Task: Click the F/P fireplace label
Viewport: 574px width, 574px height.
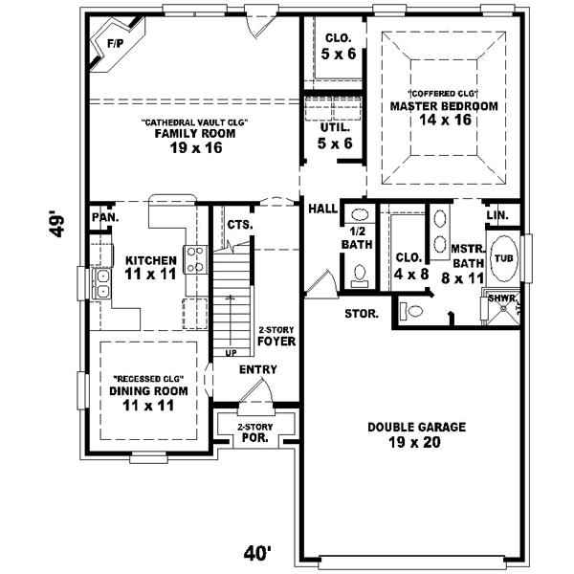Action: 116,44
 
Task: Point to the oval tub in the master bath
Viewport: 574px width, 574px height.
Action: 503,258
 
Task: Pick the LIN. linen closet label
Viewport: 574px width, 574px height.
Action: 497,217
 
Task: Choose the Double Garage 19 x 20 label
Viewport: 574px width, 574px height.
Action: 416,434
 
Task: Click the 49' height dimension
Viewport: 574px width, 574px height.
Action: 59,226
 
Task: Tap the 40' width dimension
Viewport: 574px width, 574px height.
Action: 257,552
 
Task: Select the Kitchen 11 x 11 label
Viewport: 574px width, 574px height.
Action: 150,267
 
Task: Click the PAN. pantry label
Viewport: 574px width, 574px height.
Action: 104,217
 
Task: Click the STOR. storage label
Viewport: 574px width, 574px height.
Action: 361,314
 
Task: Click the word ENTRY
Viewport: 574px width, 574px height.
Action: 258,370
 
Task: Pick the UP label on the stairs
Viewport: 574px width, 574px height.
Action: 231,353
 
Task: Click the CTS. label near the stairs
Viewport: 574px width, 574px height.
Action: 240,224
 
